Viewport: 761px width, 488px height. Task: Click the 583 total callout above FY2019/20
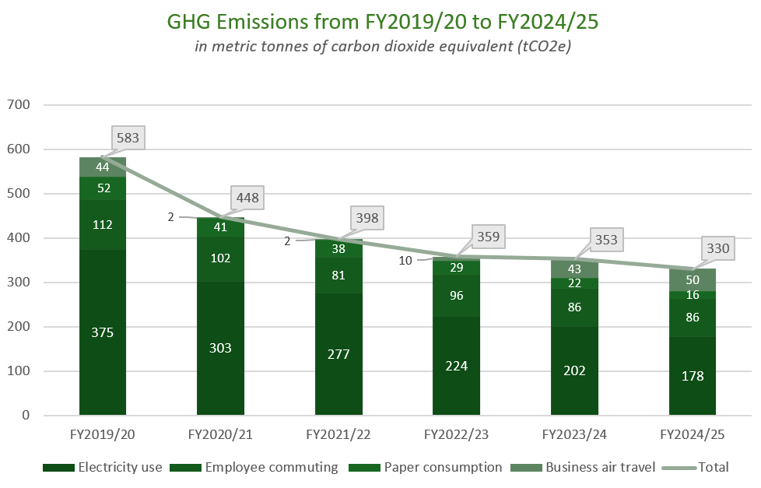point(128,139)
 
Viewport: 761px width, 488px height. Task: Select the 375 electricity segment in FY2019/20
point(103,332)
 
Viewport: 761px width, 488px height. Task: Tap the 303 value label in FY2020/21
point(220,348)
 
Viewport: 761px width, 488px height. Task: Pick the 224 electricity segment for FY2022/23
point(456,366)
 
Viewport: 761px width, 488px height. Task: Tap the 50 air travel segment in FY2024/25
point(693,279)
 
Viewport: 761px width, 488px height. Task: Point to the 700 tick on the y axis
point(17,104)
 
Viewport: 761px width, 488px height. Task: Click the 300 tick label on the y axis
point(17,283)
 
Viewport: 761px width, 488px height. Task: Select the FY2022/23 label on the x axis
point(456,434)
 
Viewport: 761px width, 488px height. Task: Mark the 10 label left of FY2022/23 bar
point(405,261)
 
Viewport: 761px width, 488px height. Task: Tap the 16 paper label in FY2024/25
point(693,295)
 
